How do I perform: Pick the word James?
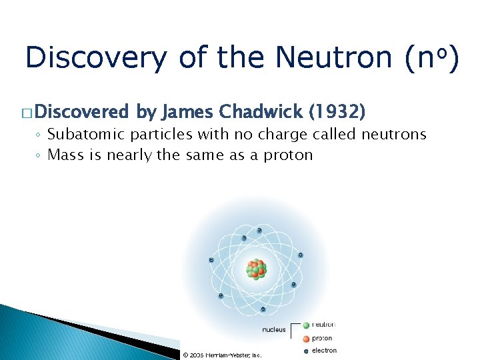[189, 110]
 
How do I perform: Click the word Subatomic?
[87, 135]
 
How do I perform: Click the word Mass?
[64, 155]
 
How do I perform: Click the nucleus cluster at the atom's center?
[256, 269]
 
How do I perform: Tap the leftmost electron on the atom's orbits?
[211, 259]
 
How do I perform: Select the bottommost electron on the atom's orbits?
[263, 309]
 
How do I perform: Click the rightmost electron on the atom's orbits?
[301, 255]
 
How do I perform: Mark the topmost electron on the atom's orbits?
[259, 231]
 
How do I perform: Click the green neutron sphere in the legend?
[306, 325]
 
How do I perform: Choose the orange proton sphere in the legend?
[306, 338]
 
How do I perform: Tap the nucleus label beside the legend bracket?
[273, 329]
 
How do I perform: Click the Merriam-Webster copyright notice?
[222, 355]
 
